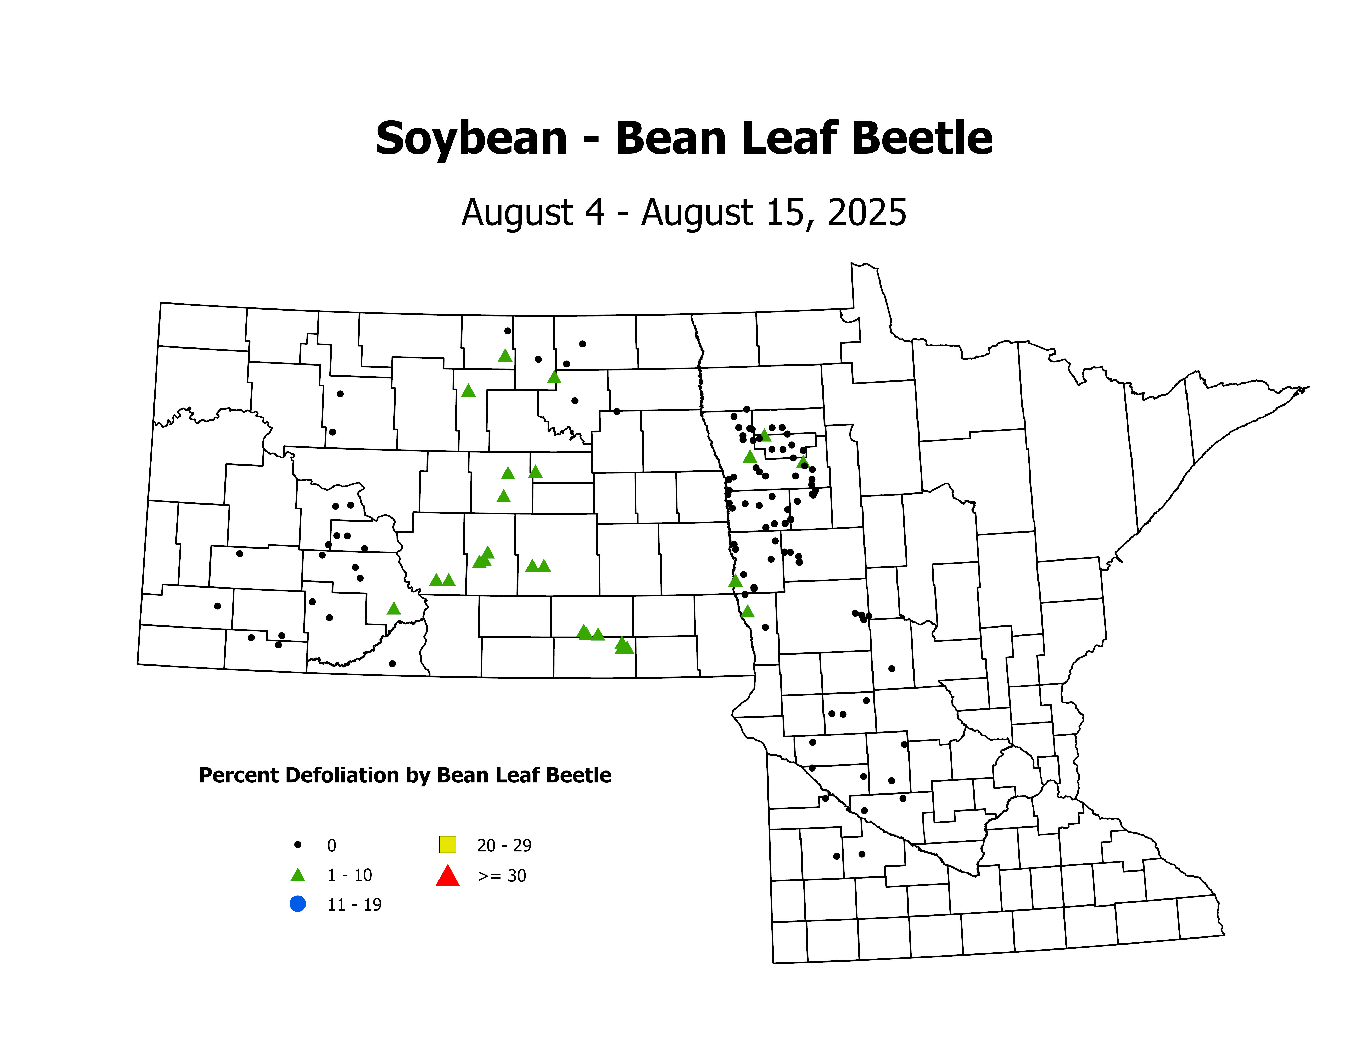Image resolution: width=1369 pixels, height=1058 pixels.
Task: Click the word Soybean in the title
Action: click(x=471, y=139)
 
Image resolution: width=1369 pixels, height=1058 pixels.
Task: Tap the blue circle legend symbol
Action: click(x=298, y=904)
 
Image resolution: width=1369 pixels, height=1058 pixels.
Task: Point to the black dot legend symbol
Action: click(x=298, y=845)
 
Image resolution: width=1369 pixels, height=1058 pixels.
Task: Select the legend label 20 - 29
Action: click(x=504, y=846)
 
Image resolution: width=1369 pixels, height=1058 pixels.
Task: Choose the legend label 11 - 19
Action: click(x=354, y=904)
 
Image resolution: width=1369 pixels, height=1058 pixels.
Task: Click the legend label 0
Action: click(x=332, y=846)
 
